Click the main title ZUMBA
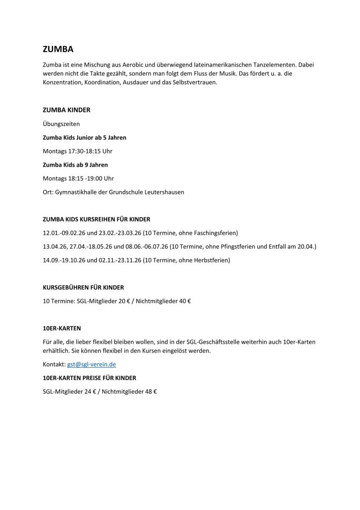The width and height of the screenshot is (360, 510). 58,49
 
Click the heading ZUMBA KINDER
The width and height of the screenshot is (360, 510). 66,110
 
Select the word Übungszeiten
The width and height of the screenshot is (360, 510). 61,124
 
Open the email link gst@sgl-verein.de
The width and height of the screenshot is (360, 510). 91,364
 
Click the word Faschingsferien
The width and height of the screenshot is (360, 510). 215,233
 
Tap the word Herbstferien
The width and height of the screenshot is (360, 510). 211,260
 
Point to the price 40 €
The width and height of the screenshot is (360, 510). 184,301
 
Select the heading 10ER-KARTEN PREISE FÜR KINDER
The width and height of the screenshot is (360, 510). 89,378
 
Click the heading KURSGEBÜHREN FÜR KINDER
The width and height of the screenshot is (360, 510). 83,288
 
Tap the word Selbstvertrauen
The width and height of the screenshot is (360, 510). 196,83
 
